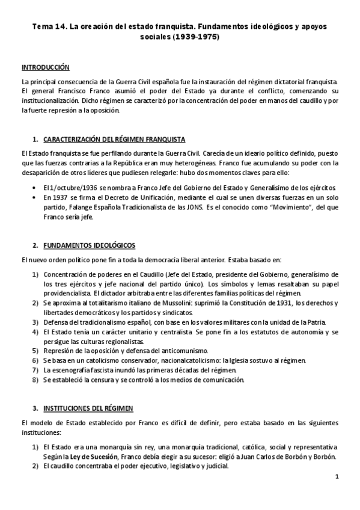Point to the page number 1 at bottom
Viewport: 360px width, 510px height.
[338, 478]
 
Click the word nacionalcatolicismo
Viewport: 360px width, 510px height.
[190, 360]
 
